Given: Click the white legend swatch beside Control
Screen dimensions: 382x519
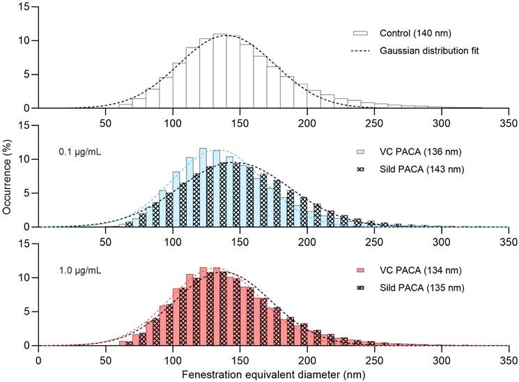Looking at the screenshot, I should (359, 33).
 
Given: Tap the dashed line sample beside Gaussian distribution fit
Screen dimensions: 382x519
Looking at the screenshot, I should (359, 50).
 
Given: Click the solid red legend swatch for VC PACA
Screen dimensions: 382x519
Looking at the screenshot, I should (359, 270).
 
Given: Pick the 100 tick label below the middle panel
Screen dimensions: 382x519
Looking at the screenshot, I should (173, 240).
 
